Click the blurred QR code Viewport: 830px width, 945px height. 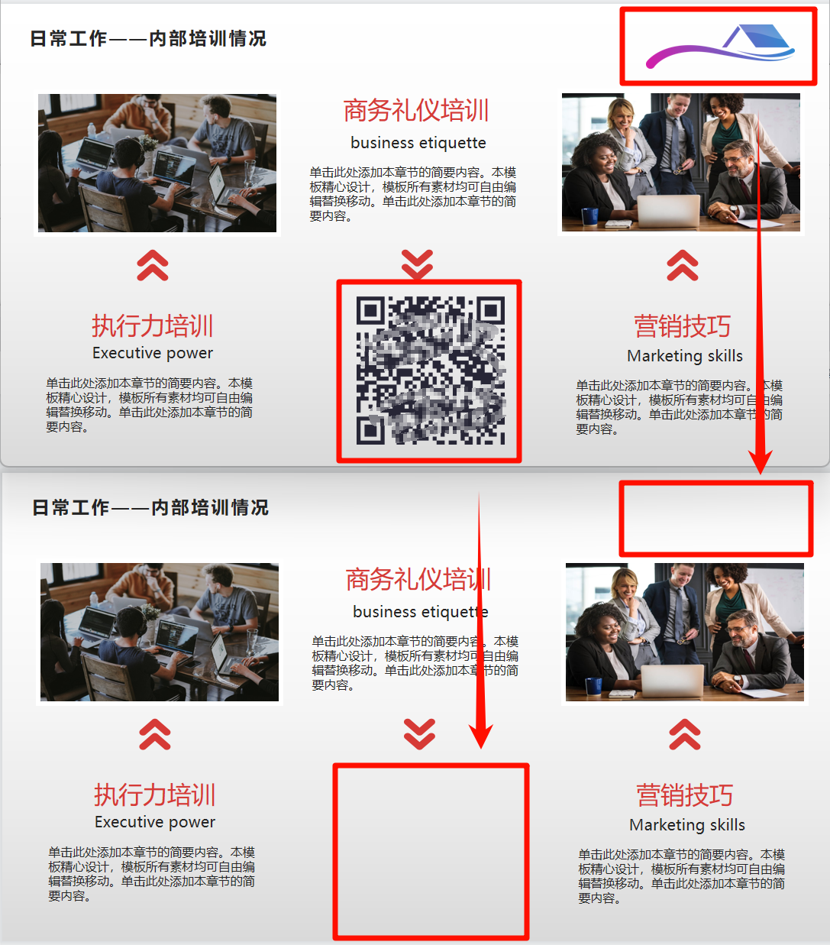point(431,371)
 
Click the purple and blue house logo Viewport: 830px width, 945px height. point(720,47)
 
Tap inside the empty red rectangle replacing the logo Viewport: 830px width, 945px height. point(716,519)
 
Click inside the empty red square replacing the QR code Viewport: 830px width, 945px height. point(431,852)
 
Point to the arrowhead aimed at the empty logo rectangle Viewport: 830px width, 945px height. point(760,461)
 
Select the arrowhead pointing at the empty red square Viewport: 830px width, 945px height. point(481,736)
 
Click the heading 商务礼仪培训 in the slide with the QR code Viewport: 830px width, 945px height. point(416,111)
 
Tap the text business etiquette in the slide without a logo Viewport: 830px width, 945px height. point(421,611)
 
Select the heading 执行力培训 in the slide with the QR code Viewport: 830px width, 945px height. point(153,325)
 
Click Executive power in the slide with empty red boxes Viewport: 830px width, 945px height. point(155,822)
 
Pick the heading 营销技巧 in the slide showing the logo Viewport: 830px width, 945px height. point(682,326)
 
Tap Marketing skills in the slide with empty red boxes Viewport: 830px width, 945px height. point(687,825)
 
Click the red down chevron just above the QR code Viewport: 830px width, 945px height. point(418,264)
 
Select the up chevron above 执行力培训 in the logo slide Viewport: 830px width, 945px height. point(153,265)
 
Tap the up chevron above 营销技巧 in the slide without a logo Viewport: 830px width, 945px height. point(684,734)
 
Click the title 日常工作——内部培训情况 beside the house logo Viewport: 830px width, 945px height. point(148,39)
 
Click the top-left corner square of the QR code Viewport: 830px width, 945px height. point(370,310)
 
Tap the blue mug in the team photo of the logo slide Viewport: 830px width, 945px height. point(590,216)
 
